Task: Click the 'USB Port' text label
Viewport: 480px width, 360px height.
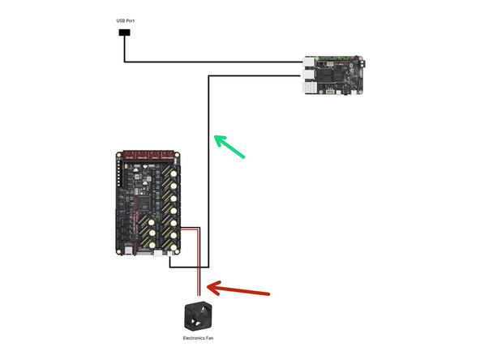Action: click(124, 19)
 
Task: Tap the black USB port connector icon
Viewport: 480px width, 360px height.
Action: click(124, 33)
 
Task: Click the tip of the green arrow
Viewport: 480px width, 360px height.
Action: click(213, 137)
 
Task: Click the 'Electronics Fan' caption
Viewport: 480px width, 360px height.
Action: click(199, 336)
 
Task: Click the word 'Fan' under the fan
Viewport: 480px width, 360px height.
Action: click(209, 336)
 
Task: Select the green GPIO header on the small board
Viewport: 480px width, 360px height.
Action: click(333, 58)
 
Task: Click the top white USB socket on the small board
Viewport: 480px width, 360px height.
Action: click(311, 62)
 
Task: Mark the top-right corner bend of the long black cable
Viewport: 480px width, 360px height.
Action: click(210, 76)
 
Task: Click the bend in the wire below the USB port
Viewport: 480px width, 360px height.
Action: click(124, 61)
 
